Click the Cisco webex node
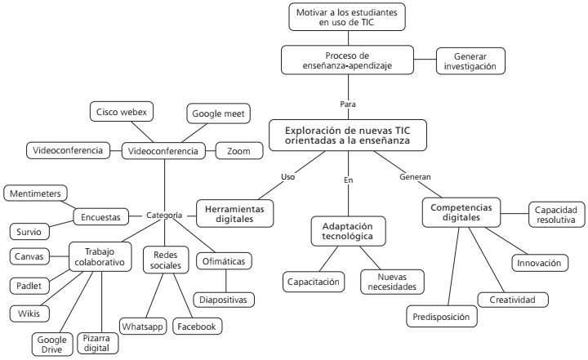click(x=121, y=112)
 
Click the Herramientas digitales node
click(x=235, y=212)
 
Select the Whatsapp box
click(x=142, y=327)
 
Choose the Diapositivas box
click(x=223, y=299)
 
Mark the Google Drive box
click(x=51, y=344)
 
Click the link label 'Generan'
click(x=415, y=176)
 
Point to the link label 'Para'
click(x=348, y=104)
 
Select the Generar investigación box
click(x=469, y=60)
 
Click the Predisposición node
click(x=440, y=316)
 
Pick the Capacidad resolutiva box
click(x=556, y=214)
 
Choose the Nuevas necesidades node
click(x=390, y=282)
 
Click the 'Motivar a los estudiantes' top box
click(x=346, y=17)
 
